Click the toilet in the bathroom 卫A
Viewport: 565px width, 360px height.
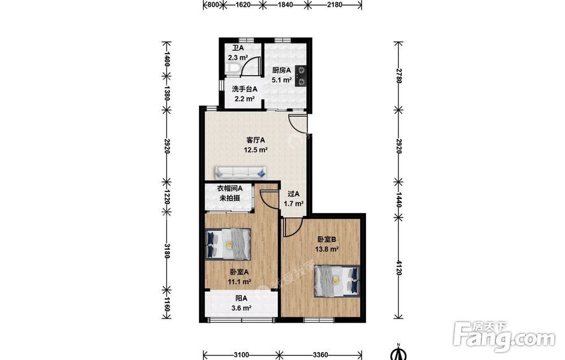point(231,68)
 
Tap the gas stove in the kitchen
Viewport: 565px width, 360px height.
point(301,76)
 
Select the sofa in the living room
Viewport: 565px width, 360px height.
point(240,173)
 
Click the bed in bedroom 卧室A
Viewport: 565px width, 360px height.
point(228,244)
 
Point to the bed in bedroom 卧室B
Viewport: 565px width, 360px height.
point(337,281)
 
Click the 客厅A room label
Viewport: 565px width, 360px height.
point(256,140)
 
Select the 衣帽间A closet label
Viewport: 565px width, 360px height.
point(229,188)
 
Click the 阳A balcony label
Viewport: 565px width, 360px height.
point(241,298)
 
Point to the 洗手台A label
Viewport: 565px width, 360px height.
point(244,89)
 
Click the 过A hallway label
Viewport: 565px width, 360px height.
point(293,194)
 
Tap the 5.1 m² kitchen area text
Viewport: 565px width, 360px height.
point(282,80)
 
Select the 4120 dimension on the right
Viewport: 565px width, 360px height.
point(398,268)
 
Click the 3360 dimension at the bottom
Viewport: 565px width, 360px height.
point(320,355)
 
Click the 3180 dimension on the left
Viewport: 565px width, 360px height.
point(167,251)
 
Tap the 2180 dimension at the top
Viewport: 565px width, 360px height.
point(334,5)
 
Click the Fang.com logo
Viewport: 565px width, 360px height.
point(505,337)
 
